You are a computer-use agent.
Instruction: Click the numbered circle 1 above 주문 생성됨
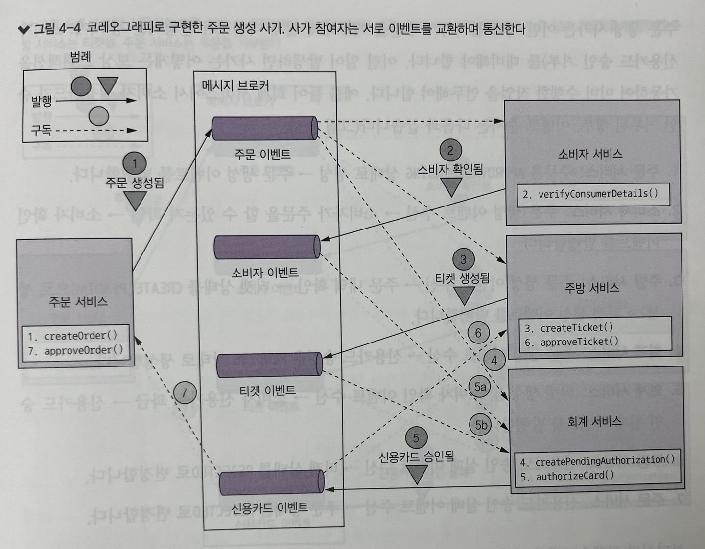tap(135, 163)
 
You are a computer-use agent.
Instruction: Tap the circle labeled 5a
tap(481, 387)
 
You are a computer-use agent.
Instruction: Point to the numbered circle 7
tap(184, 392)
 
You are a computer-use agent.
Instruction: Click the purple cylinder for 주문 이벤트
tap(265, 129)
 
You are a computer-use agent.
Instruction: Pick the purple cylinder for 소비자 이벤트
tap(267, 247)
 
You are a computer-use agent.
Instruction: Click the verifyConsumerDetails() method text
tap(590, 194)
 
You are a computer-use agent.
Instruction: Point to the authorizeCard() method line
tap(567, 476)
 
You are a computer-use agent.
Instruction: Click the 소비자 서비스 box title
tap(590, 154)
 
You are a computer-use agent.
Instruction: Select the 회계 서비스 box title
tap(594, 421)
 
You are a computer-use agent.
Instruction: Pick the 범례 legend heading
tap(80, 57)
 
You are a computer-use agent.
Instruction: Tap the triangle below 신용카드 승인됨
tap(417, 474)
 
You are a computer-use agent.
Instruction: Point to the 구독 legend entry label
tap(41, 131)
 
